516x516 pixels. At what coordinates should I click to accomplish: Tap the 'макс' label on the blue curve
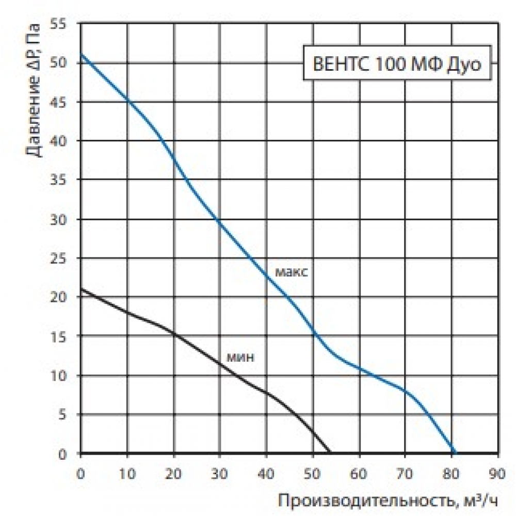pos(292,272)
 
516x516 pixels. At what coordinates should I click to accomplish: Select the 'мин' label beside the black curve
pos(240,357)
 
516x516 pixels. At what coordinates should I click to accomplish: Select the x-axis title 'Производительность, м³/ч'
pos(390,499)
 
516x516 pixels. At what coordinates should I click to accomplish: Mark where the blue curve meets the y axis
pos(81,55)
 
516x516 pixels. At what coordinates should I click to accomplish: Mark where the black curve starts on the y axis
pos(81,289)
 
